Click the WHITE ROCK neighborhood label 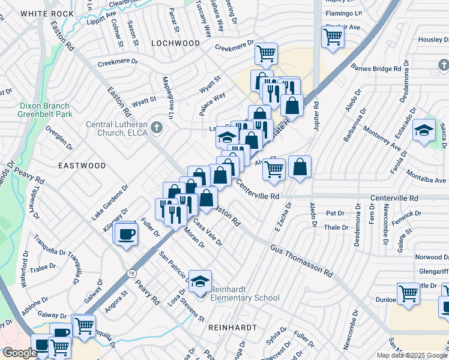point(38,13)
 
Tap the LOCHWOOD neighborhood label point(175,43)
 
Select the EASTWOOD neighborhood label point(82,165)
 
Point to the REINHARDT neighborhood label point(232,328)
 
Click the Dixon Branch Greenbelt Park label point(37,109)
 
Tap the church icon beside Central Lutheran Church point(157,127)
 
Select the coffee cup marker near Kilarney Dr point(126,233)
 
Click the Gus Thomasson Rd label point(301,260)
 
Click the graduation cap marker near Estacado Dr point(424,130)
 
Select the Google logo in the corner point(19,353)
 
